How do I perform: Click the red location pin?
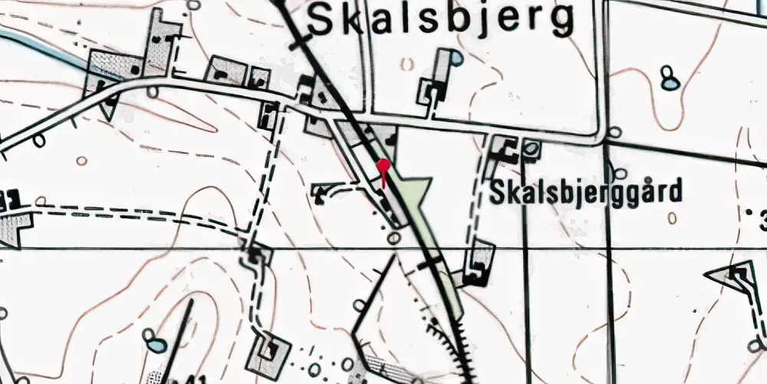point(383,165)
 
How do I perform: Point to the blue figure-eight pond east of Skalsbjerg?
point(670,78)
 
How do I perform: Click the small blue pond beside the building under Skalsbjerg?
point(456,57)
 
